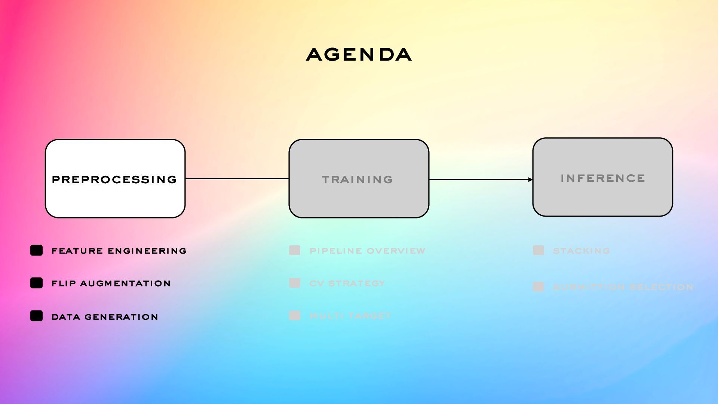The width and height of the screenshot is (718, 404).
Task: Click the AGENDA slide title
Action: click(x=359, y=55)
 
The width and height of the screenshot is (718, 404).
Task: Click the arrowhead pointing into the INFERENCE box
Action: click(x=530, y=180)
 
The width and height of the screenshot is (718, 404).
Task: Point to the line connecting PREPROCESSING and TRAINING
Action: click(x=237, y=178)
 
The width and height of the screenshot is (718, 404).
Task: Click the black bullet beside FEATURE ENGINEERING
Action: click(x=36, y=250)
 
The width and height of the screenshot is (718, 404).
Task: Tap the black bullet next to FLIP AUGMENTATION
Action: click(x=36, y=283)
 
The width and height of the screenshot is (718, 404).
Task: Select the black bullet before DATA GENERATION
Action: click(x=36, y=316)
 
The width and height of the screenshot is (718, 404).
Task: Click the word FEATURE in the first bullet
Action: click(x=77, y=251)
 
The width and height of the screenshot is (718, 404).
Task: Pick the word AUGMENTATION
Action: click(x=125, y=284)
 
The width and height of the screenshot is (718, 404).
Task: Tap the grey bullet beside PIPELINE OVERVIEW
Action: click(x=295, y=250)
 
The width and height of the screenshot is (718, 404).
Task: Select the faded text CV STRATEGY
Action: click(x=347, y=284)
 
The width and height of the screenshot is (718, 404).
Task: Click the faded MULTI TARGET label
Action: click(x=350, y=316)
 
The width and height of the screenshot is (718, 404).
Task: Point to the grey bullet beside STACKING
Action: click(x=538, y=250)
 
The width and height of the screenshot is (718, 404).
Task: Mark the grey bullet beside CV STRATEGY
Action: click(x=295, y=283)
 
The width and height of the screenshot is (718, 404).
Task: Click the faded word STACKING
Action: click(x=581, y=251)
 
